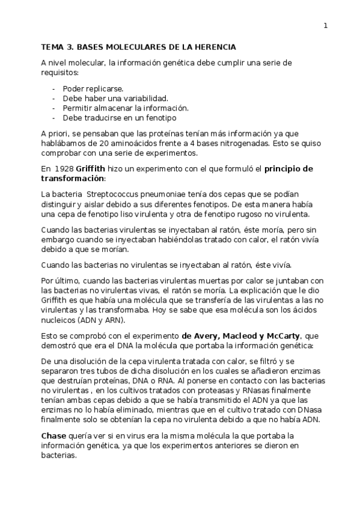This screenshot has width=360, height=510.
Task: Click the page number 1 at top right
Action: pyautogui.click(x=325, y=25)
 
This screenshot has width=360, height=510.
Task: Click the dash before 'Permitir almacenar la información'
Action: pyautogui.click(x=55, y=108)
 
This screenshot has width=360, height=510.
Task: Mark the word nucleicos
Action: pyautogui.click(x=58, y=320)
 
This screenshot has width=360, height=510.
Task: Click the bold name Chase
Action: pyautogui.click(x=53, y=435)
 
